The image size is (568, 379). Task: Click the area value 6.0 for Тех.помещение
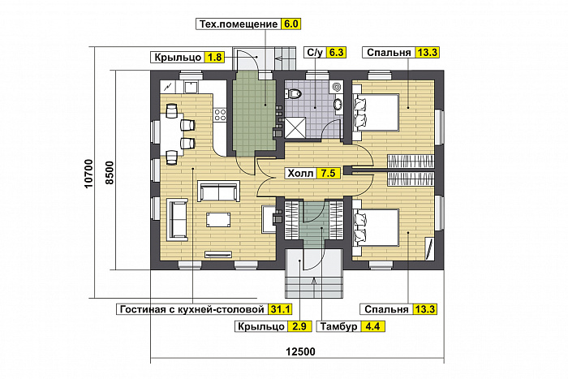tap(290, 24)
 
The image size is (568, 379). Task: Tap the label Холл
tap(300, 173)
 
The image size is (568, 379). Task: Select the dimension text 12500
tap(300, 351)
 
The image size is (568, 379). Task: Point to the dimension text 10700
tap(89, 174)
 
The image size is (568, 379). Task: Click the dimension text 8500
tap(110, 173)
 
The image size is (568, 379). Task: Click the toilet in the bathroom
tap(294, 93)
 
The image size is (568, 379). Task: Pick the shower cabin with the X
tap(295, 127)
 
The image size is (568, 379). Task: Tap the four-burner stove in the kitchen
tap(220, 114)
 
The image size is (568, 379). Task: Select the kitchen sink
tap(191, 87)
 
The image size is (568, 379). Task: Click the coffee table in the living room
tap(218, 220)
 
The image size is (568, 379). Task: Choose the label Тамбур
tap(338, 326)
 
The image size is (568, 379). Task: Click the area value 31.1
tap(280, 309)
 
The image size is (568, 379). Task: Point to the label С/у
tap(315, 53)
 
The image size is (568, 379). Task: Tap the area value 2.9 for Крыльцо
tap(299, 326)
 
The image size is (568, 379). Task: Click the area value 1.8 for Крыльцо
tap(214, 58)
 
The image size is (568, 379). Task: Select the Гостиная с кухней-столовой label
tap(192, 309)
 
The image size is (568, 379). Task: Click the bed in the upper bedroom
tap(375, 112)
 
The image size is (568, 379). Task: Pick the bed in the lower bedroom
tap(375, 227)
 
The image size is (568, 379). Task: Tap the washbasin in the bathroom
tap(338, 104)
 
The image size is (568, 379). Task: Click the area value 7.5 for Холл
tap(328, 173)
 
